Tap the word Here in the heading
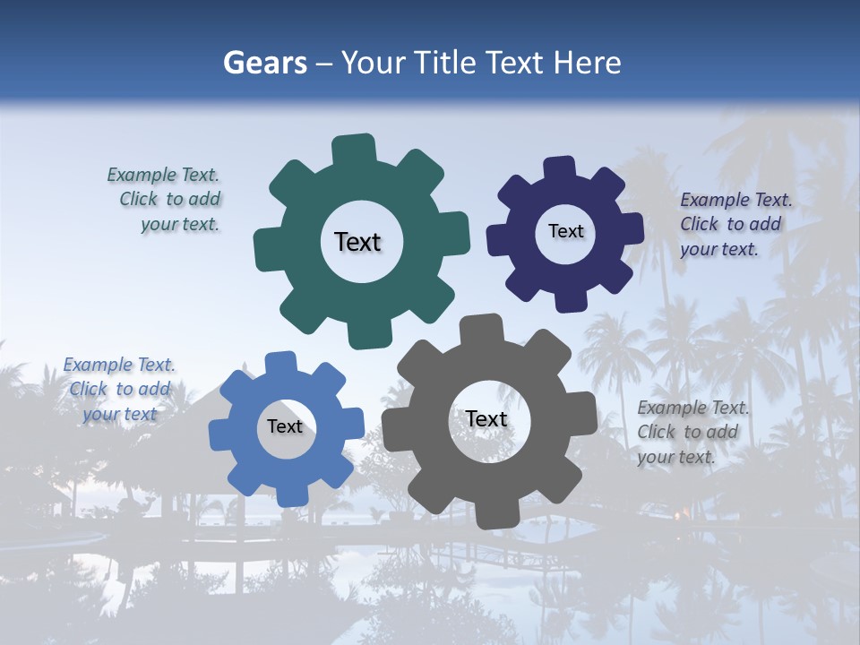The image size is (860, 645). pyautogui.click(x=588, y=63)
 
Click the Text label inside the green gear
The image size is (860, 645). pyautogui.click(x=357, y=242)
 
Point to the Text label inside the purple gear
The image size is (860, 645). pyautogui.click(x=565, y=231)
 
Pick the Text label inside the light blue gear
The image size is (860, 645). pyautogui.click(x=285, y=426)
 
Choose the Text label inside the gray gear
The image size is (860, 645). pyautogui.click(x=486, y=418)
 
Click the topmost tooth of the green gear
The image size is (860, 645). pyautogui.click(x=355, y=149)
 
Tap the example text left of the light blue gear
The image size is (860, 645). pyautogui.click(x=119, y=389)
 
